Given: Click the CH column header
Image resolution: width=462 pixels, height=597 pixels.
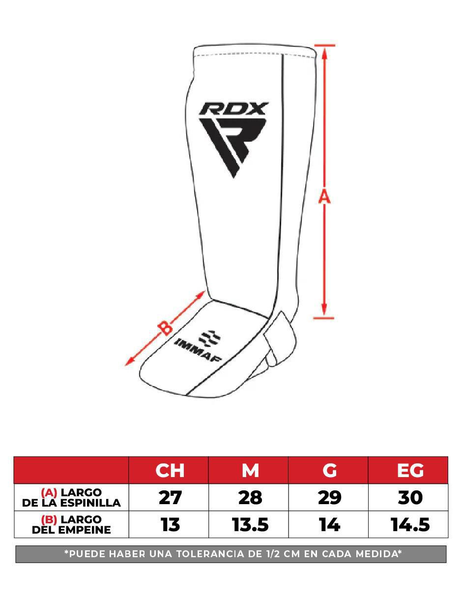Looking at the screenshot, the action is pos(170,470).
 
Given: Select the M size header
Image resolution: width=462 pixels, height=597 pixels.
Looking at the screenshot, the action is pos(250,470).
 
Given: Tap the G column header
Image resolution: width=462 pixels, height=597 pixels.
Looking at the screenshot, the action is pos(330,470).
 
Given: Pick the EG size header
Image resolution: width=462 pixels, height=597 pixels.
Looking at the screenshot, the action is pos(410,470).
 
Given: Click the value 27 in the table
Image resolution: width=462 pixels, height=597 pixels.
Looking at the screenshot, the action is pos(170,497).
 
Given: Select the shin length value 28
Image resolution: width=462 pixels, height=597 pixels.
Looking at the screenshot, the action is pos(250,497).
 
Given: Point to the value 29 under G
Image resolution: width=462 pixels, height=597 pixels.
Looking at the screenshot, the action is pos(330,497).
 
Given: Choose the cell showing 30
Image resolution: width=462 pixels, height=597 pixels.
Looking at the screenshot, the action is pos(410,497).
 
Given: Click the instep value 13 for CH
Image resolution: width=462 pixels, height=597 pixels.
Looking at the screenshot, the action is pos(170,524).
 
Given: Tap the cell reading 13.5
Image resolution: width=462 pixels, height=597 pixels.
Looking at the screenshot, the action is pos(250,524).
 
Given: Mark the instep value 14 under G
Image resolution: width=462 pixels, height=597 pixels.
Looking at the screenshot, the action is pos(330,524).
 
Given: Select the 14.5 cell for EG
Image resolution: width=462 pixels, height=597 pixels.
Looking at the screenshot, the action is pos(410,524).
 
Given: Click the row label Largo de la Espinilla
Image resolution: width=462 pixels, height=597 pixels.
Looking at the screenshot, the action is pos(71,497).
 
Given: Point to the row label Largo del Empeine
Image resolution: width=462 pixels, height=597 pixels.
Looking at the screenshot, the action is pos(71,524).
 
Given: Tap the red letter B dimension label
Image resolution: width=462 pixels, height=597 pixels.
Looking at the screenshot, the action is pos(165,328).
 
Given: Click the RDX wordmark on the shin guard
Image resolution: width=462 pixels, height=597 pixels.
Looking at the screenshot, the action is pos(233,108).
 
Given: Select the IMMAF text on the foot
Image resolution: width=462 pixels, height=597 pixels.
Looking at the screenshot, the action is pos(198,350).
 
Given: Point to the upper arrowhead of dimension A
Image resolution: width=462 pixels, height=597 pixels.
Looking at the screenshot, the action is pos(324,53).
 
